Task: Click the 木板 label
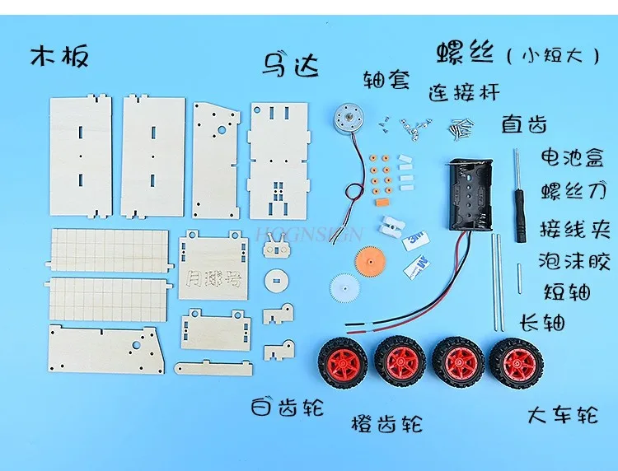(59, 57)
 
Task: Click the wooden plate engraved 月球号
(213, 265)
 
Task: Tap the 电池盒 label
(572, 156)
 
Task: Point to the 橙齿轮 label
(387, 424)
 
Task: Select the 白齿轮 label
(288, 406)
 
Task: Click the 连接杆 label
(464, 91)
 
